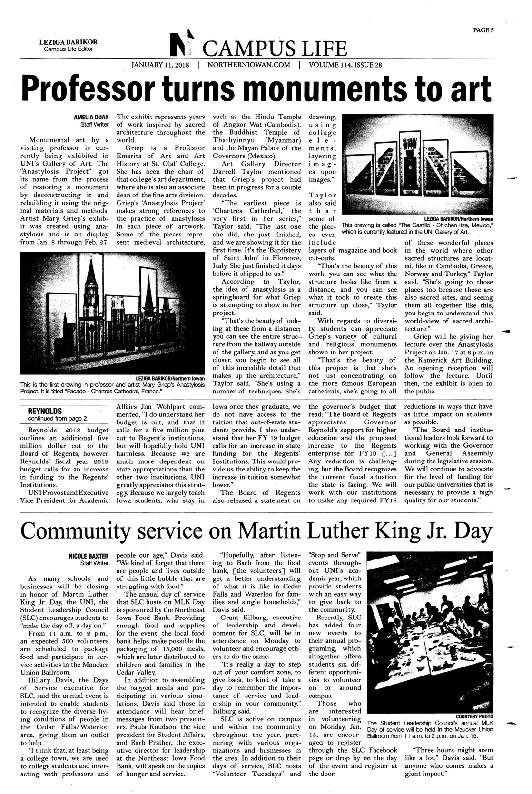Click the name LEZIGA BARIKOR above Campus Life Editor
(x=65, y=42)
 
